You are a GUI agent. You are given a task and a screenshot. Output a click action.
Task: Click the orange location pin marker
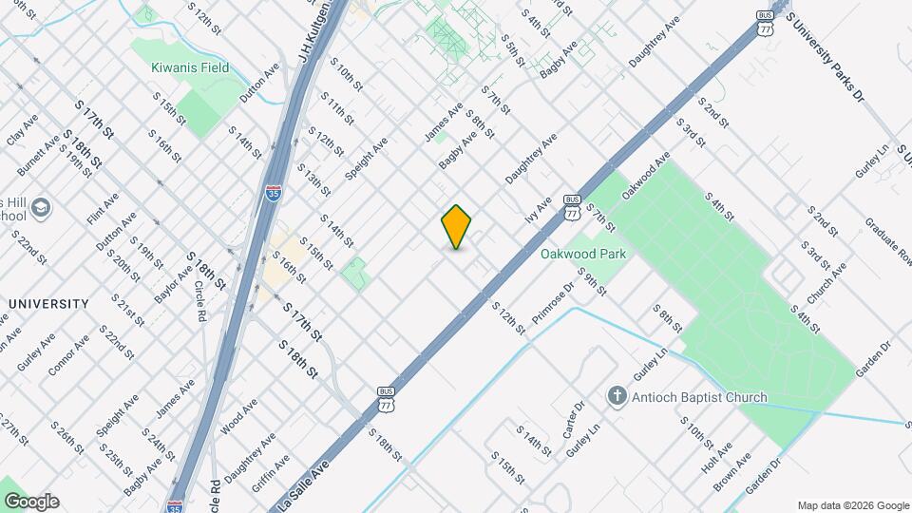[x=457, y=227]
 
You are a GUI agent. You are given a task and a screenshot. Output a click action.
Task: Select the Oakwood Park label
[x=583, y=255]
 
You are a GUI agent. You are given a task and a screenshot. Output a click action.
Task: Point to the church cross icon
[x=617, y=395]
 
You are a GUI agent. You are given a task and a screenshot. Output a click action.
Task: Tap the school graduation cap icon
[x=41, y=207]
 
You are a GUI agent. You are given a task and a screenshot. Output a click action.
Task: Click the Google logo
[x=30, y=502]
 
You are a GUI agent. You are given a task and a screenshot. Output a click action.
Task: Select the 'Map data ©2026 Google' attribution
[x=852, y=505]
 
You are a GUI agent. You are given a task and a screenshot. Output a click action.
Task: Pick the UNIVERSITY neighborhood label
[x=48, y=304]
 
